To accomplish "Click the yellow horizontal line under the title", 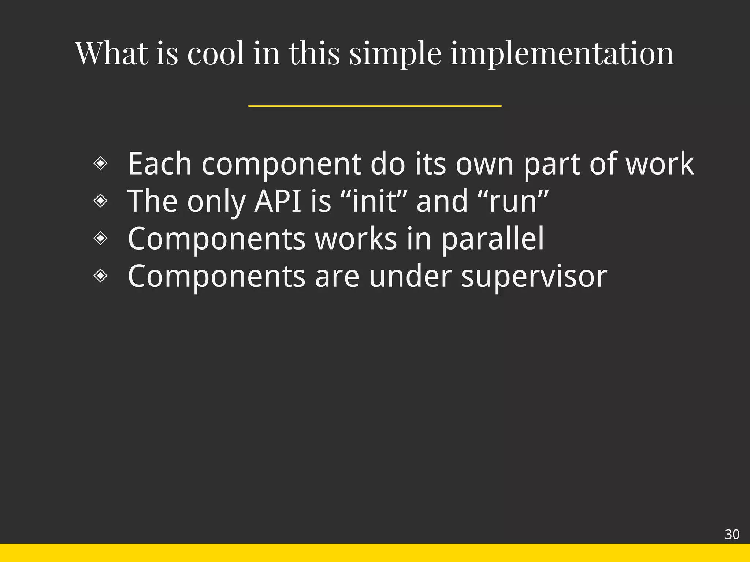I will pyautogui.click(x=375, y=106).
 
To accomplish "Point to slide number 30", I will pyautogui.click(x=732, y=535).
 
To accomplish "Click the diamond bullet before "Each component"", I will pyautogui.click(x=100, y=163).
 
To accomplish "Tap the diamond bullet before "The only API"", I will pyautogui.click(x=100, y=201).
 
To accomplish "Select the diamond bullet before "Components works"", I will pyautogui.click(x=100, y=238).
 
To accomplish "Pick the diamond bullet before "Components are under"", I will pyautogui.click(x=100, y=276).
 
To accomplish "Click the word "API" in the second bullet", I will pyautogui.click(x=278, y=201).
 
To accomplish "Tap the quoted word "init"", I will pyautogui.click(x=374, y=201).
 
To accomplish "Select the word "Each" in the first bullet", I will pyautogui.click(x=160, y=164).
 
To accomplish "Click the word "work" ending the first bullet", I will pyautogui.click(x=659, y=164).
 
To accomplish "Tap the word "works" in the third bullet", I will pyautogui.click(x=356, y=239).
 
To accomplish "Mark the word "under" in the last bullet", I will pyautogui.click(x=410, y=276).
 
